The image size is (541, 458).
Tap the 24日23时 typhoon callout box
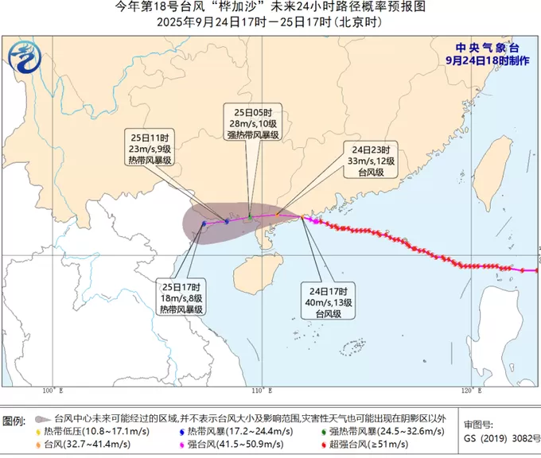pyautogui.click(x=370, y=159)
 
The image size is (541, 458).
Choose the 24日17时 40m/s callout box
pyautogui.click(x=324, y=302)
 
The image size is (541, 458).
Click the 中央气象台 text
pyautogui.click(x=483, y=48)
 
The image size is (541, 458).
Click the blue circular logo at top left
pyautogui.click(x=25, y=54)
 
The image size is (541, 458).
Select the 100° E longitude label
pyautogui.click(x=53, y=390)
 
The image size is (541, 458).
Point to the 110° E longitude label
pyautogui.click(x=259, y=390)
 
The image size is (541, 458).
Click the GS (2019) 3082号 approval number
pyautogui.click(x=498, y=437)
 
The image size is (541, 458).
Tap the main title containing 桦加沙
pyautogui.click(x=270, y=7)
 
